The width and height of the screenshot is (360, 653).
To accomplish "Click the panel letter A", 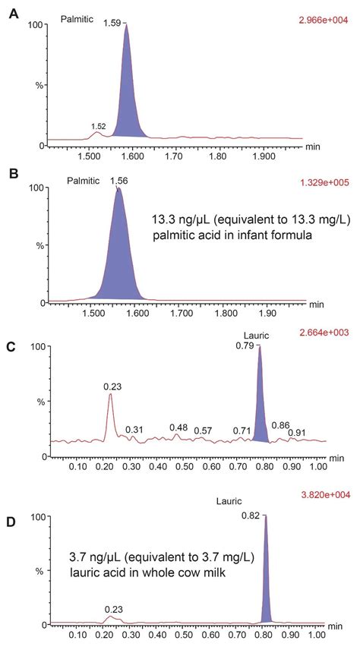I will pos(13,13).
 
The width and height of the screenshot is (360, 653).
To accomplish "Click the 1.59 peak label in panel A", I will pos(112,23).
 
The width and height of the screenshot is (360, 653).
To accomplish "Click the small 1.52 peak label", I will pos(98,126).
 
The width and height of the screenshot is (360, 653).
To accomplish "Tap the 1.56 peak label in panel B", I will pos(118,181).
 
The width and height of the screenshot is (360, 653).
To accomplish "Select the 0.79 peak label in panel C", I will pos(245,346).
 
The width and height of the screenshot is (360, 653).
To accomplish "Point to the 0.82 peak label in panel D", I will pos(251,515).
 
